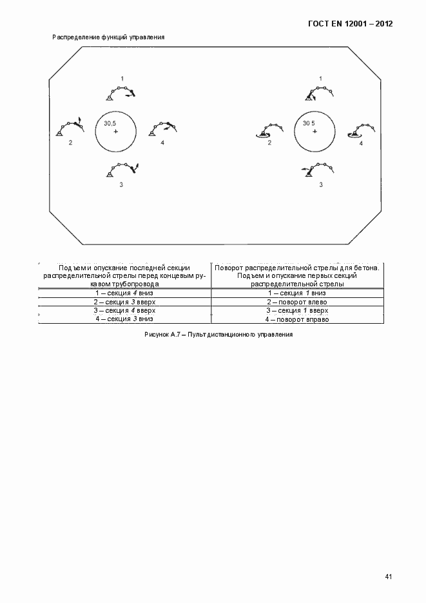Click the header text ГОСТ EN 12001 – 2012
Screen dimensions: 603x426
coord(349,24)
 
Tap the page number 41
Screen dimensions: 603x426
coord(388,576)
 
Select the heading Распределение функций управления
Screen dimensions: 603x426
coord(108,37)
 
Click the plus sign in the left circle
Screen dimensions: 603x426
coord(116,132)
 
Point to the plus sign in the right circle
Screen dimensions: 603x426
coord(315,132)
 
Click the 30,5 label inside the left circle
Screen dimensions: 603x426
coord(110,123)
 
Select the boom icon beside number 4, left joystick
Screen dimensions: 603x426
coord(162,128)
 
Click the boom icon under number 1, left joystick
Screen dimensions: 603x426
coord(121,92)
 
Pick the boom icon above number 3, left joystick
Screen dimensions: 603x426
coord(122,170)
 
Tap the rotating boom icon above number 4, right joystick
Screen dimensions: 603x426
coord(360,128)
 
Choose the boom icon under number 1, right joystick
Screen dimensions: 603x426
coord(320,92)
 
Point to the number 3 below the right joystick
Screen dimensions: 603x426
coord(321,185)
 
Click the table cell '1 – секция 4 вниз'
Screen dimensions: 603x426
coord(124,293)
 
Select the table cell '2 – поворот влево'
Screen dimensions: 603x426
coord(298,302)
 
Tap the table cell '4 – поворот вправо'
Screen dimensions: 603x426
coord(298,319)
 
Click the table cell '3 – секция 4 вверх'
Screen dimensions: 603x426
coord(124,310)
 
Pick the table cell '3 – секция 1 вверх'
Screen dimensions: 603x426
coord(298,310)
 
